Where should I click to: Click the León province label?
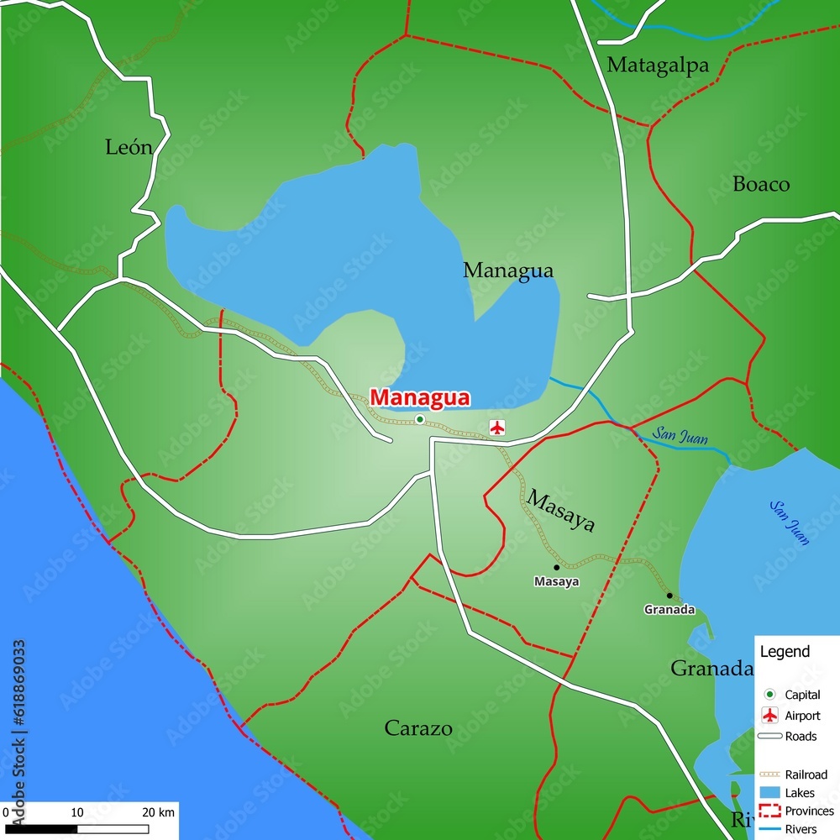click(x=129, y=148)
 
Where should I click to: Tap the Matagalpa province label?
click(x=658, y=65)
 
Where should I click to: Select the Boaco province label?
click(x=761, y=184)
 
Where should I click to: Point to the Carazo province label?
click(x=418, y=728)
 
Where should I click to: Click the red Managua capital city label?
click(x=420, y=397)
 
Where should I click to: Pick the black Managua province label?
click(x=508, y=270)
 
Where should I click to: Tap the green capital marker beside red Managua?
click(x=419, y=419)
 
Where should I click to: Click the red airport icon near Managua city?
click(x=497, y=428)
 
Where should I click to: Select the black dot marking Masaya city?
click(x=556, y=567)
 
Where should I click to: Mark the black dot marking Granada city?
click(x=669, y=596)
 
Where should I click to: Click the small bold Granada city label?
click(x=669, y=610)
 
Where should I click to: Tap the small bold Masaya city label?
click(x=556, y=581)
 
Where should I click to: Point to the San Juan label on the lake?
click(x=790, y=522)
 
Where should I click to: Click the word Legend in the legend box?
click(x=785, y=651)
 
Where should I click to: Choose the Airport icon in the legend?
click(x=769, y=716)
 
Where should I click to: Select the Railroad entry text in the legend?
click(x=806, y=774)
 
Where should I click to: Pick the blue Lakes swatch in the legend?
click(x=769, y=792)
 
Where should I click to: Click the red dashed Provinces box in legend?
click(x=769, y=811)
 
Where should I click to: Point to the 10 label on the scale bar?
click(x=76, y=812)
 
